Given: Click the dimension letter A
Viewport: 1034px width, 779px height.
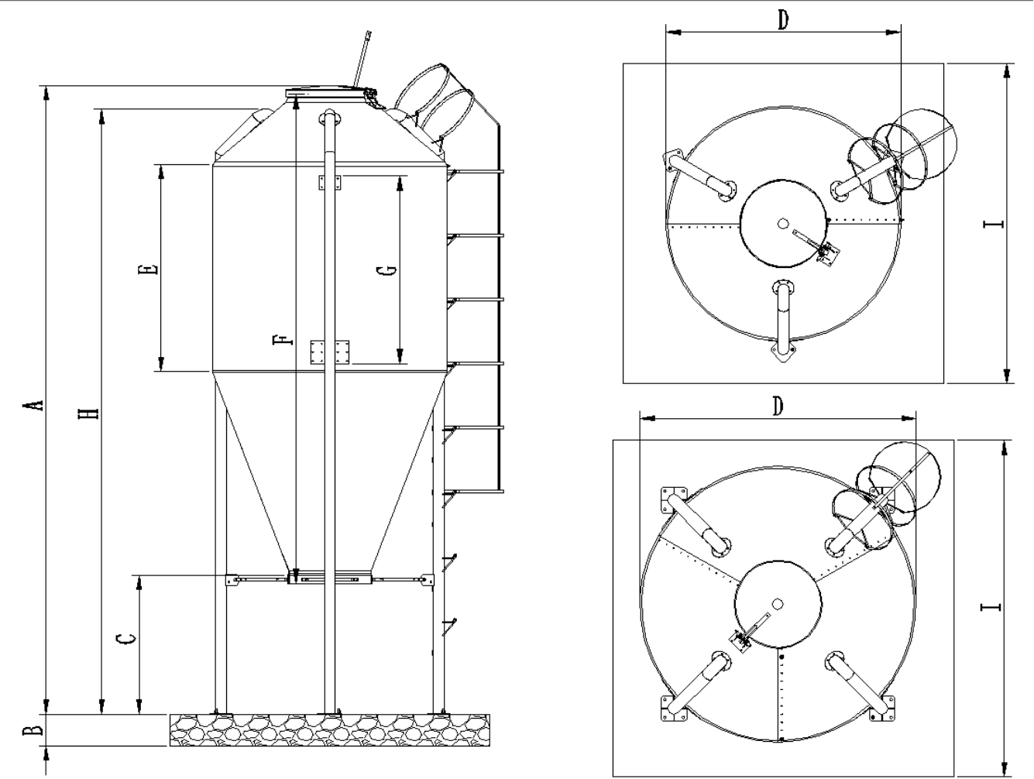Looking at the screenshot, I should (x=33, y=404).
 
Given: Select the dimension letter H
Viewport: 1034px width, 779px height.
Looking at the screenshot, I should (x=91, y=410).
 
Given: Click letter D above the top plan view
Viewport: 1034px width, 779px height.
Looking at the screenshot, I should (x=783, y=20).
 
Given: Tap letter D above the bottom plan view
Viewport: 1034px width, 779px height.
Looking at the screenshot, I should (x=778, y=406).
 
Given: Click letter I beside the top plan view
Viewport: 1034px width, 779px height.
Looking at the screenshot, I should (x=994, y=225).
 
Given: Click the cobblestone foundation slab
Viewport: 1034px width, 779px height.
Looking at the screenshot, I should (x=329, y=729).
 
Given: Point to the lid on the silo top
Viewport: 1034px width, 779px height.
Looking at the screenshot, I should (x=329, y=93).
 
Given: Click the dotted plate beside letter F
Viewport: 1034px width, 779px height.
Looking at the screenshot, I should (x=329, y=351).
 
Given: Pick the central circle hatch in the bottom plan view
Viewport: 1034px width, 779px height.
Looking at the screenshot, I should (x=777, y=602).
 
